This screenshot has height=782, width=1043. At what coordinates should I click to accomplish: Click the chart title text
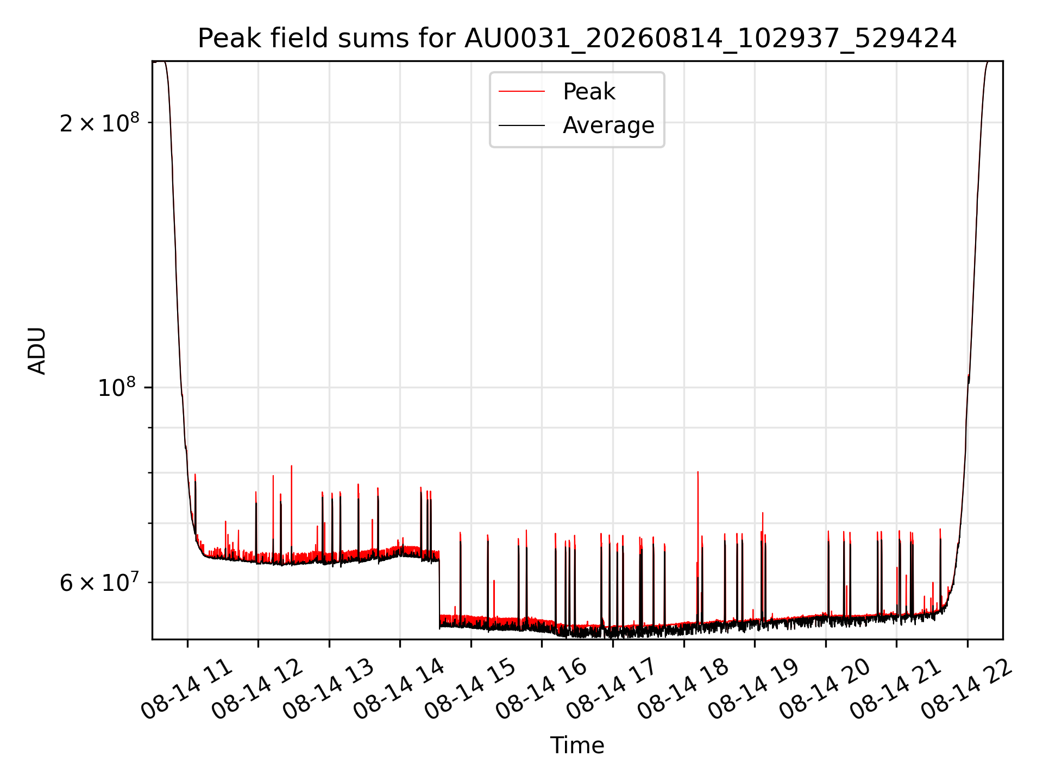tap(577, 39)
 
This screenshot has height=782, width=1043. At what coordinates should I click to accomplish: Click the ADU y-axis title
tap(37, 351)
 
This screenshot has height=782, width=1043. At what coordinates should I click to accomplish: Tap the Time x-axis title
tap(577, 745)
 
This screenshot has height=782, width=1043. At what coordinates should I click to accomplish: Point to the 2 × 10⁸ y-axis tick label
tap(99, 123)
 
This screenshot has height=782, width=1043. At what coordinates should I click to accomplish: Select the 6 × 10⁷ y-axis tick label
tap(99, 582)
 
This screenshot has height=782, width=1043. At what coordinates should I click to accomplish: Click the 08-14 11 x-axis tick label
tap(187, 689)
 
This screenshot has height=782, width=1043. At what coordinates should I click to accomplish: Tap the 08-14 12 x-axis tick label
tap(258, 689)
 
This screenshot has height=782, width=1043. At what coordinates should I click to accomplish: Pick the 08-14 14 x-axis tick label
tap(400, 689)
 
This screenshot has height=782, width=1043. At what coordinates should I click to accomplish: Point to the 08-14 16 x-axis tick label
tap(542, 689)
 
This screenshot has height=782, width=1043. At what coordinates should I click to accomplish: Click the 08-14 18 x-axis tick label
tap(683, 689)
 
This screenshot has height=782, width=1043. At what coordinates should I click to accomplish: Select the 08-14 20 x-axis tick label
tap(826, 689)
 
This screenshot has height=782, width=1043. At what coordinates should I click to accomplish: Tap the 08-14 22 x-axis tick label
tap(967, 689)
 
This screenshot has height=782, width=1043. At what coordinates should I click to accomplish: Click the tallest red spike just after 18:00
tap(698, 543)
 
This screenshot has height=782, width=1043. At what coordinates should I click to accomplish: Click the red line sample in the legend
tap(521, 92)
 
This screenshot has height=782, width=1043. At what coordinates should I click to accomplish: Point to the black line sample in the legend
tap(521, 125)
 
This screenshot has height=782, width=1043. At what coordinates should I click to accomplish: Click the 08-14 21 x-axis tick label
tap(896, 689)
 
